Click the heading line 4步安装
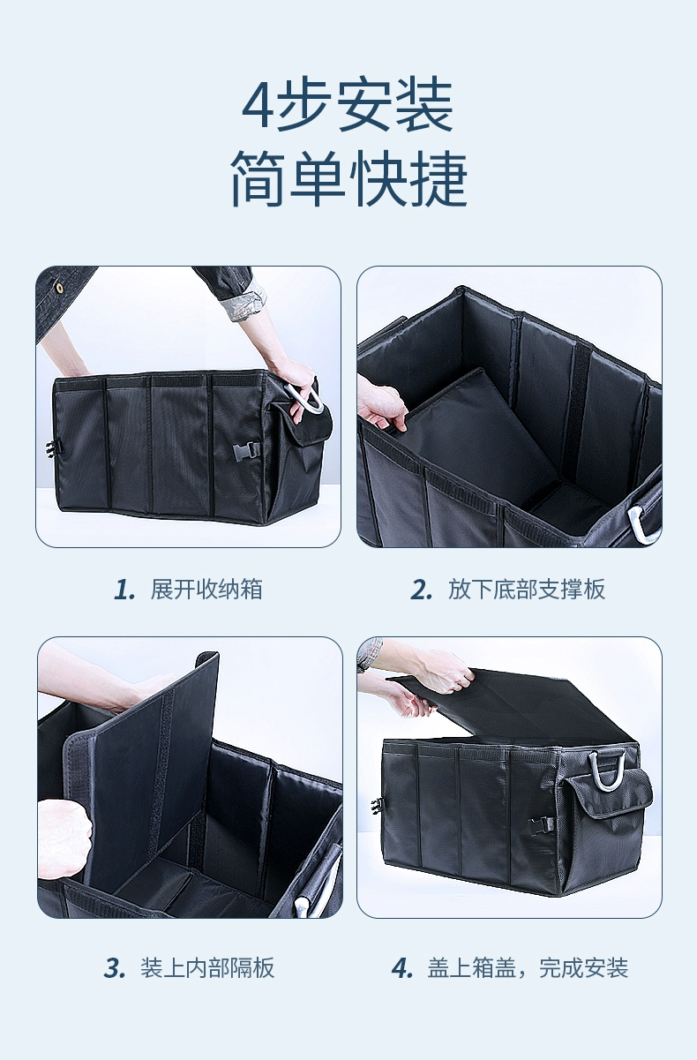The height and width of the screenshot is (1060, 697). [348, 105]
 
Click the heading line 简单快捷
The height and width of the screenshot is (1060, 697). [348, 179]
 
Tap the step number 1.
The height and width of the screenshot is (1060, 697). [124, 590]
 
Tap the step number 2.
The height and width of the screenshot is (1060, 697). [422, 590]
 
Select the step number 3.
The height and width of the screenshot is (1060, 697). [115, 968]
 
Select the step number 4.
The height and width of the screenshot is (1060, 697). [402, 968]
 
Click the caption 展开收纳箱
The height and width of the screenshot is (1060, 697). [206, 590]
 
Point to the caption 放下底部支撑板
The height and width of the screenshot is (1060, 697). [527, 590]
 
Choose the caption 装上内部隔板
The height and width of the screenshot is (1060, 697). [207, 967]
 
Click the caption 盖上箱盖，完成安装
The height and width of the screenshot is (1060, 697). [528, 967]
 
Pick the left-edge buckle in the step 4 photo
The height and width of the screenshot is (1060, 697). [377, 807]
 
